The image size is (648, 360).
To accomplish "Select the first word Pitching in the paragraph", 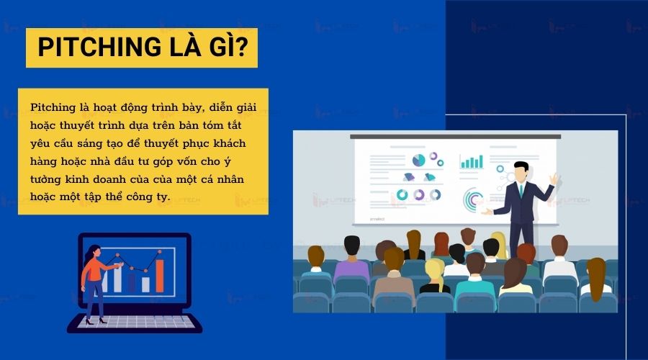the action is [x=53, y=108].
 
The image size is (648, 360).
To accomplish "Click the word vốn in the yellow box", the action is [x=186, y=161].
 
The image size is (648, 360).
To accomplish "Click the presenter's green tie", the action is [x=521, y=189].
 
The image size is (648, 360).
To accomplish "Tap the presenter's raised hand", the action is [x=554, y=179].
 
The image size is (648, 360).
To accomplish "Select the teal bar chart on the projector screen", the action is [x=472, y=161].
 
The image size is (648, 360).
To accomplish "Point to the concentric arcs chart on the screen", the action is [x=473, y=199].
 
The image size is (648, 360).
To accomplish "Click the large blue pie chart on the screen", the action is [x=418, y=160].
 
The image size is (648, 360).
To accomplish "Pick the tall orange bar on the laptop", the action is [x=160, y=275].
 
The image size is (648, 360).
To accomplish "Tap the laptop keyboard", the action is [x=136, y=322].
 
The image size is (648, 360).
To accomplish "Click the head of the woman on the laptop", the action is [x=94, y=252].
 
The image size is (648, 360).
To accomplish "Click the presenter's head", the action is [x=521, y=171].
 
